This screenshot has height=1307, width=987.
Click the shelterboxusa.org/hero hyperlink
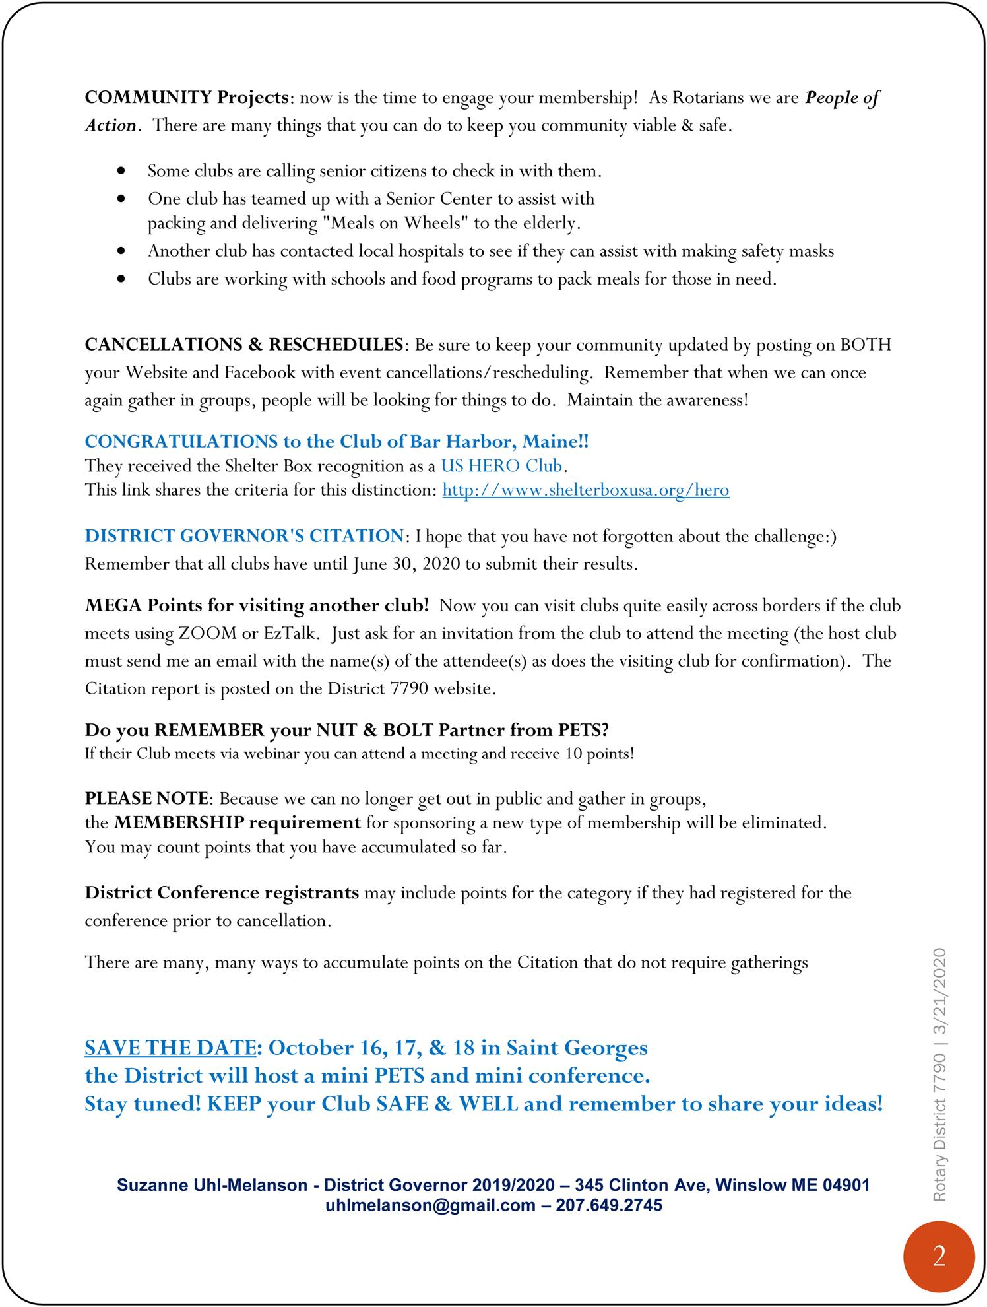pos(585,490)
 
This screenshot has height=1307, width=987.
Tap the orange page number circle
pos(939,1256)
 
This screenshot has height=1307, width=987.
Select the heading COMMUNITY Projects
pos(187,98)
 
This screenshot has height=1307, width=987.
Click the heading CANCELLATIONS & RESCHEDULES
pos(243,345)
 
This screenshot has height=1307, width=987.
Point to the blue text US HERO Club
pos(501,466)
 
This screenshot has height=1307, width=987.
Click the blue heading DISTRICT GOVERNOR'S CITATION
pos(243,536)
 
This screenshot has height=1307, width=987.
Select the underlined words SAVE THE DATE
pos(170,1048)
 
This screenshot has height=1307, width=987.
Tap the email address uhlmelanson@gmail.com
pos(430,1205)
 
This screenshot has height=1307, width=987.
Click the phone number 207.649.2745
pos(609,1205)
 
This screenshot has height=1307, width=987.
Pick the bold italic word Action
pos(111,125)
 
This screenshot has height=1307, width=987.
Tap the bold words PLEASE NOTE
pos(146,799)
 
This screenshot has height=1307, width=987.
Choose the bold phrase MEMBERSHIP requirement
pos(237,823)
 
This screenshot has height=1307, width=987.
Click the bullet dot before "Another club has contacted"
pos(120,251)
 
